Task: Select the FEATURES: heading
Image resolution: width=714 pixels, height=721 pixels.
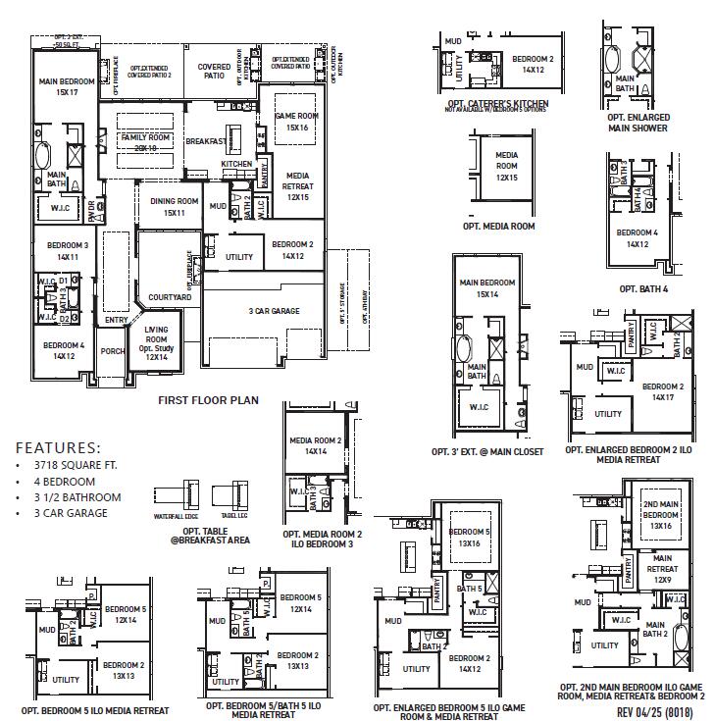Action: coord(58,446)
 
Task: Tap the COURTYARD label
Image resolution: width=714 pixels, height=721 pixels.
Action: coord(170,296)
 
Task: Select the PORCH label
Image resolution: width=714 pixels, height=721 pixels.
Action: coord(113,350)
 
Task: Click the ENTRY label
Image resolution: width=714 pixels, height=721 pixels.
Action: coord(117,320)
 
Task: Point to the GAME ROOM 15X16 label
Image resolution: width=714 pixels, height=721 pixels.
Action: coord(296,122)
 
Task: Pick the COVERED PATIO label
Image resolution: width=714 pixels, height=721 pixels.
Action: coord(215,72)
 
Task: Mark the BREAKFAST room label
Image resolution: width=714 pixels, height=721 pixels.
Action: coord(207,141)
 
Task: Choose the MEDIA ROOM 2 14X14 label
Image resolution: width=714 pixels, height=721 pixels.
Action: coord(315,446)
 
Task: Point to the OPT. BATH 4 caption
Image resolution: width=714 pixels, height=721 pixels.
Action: coord(642,289)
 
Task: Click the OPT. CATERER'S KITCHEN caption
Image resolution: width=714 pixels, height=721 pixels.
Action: coord(496,103)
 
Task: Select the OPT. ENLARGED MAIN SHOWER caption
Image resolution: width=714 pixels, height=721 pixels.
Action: coord(638,123)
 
